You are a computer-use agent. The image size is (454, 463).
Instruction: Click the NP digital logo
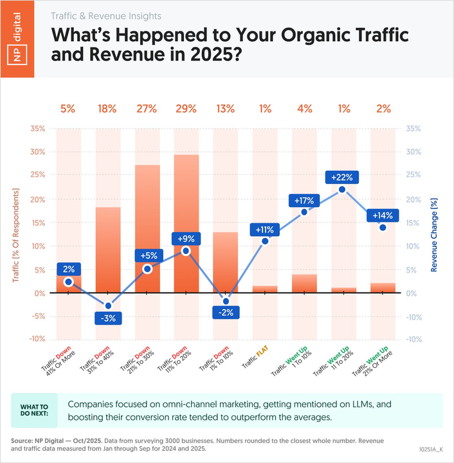[x=22, y=39]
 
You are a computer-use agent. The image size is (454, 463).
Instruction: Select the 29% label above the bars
[x=186, y=109]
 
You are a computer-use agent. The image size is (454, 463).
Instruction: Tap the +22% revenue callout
[x=341, y=177]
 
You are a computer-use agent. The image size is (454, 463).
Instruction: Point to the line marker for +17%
[x=304, y=212]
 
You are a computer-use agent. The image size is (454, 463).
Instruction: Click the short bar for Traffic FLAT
[x=265, y=289]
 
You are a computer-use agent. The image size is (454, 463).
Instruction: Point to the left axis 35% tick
[x=36, y=129]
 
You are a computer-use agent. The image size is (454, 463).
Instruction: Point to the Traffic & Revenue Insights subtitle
[x=105, y=15]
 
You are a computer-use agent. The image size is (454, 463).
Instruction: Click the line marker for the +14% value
[x=383, y=228]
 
